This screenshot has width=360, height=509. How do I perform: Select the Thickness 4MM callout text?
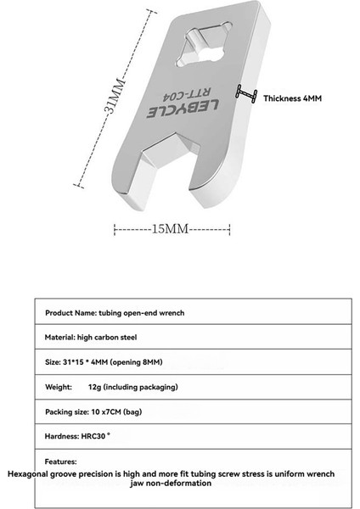[x=292, y=99]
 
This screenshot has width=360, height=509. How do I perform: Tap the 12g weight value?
[x=93, y=387]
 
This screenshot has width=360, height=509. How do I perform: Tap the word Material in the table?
[x=59, y=338]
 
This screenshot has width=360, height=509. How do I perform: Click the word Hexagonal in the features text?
[x=31, y=472]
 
